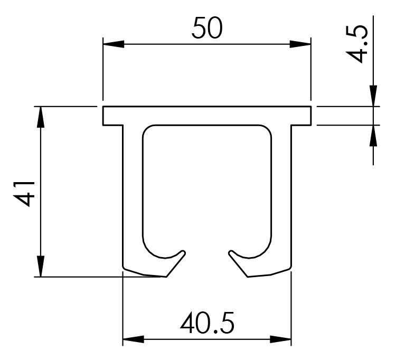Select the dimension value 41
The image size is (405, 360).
tap(24, 192)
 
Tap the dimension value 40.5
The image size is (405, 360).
tap(207, 323)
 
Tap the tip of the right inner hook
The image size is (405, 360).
tap(231, 252)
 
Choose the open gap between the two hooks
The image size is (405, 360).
tap(207, 261)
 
